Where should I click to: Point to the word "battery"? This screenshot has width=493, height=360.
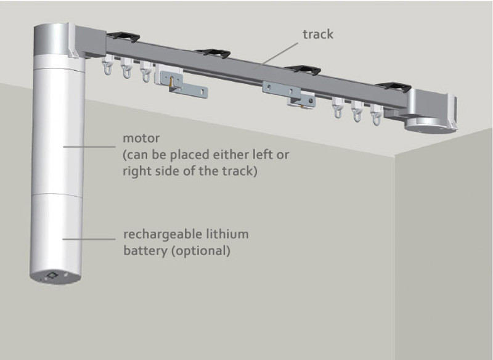143,251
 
